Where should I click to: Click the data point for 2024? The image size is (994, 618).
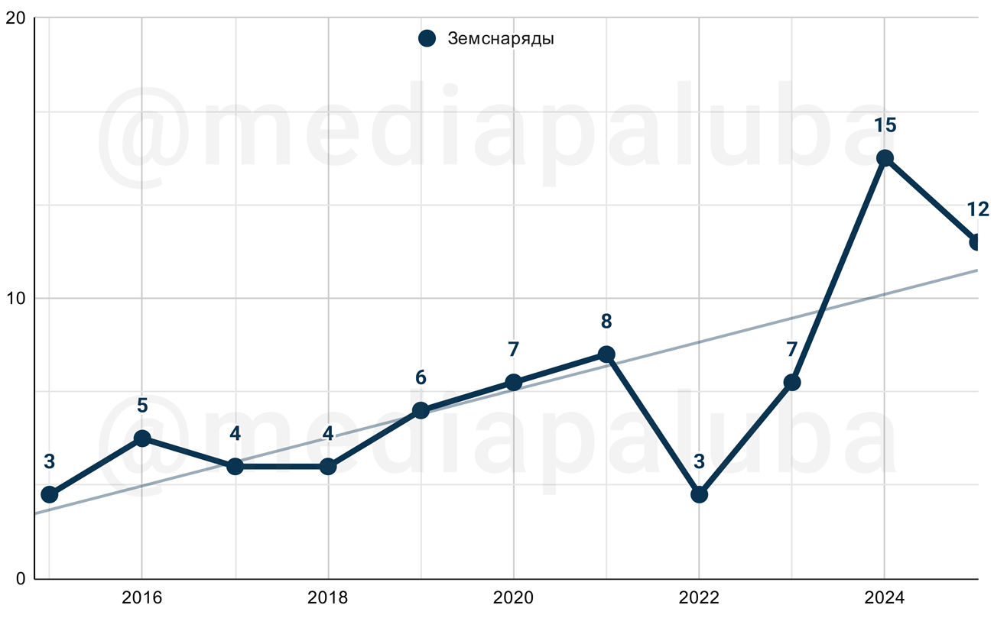pyautogui.click(x=885, y=158)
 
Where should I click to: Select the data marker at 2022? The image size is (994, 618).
pyautogui.click(x=699, y=494)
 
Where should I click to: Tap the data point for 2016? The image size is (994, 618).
pyautogui.click(x=142, y=438)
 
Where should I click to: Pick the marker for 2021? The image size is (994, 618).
pyautogui.click(x=606, y=354)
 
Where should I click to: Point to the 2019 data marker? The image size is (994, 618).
pyautogui.click(x=421, y=410)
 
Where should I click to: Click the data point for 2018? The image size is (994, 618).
pyautogui.click(x=328, y=466)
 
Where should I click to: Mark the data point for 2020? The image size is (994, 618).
pyautogui.click(x=513, y=382)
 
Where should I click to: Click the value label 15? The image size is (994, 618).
pyautogui.click(x=885, y=125)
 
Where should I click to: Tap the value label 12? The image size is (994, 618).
pyautogui.click(x=978, y=209)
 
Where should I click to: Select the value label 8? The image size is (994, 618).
pyautogui.click(x=606, y=322)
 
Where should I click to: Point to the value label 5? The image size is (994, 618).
pyautogui.click(x=142, y=405)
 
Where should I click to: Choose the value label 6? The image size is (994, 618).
pyautogui.click(x=421, y=377)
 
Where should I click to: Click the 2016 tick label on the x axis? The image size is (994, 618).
pyautogui.click(x=142, y=597)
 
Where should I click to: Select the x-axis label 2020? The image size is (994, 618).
pyautogui.click(x=513, y=597)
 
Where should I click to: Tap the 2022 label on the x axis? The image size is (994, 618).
pyautogui.click(x=699, y=597)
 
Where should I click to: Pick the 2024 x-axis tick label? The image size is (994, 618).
pyautogui.click(x=885, y=597)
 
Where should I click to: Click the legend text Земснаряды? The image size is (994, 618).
pyautogui.click(x=501, y=39)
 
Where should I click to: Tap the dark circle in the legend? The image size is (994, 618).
pyautogui.click(x=427, y=39)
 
